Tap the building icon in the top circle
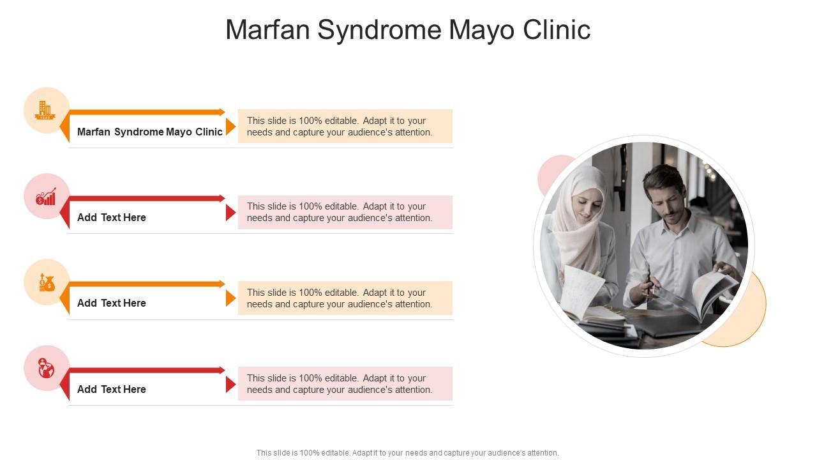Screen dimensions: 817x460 (45, 110)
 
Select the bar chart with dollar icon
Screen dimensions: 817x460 (46, 196)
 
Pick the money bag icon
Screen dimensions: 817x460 (47, 282)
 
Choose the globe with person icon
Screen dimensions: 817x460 (46, 368)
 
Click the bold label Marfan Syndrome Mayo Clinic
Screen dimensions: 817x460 (150, 132)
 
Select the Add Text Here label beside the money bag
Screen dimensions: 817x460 (112, 303)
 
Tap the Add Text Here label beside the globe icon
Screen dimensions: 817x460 (112, 389)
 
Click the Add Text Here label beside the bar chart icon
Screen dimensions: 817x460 (112, 217)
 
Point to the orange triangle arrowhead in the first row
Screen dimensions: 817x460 (230, 126)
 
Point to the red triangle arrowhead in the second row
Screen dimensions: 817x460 (230, 213)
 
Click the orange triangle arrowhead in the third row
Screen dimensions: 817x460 (230, 298)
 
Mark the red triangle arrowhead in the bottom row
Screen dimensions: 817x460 (230, 385)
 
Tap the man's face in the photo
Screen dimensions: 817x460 (664, 201)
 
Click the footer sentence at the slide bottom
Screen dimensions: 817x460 (408, 453)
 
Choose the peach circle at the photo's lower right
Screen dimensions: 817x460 (747, 319)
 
